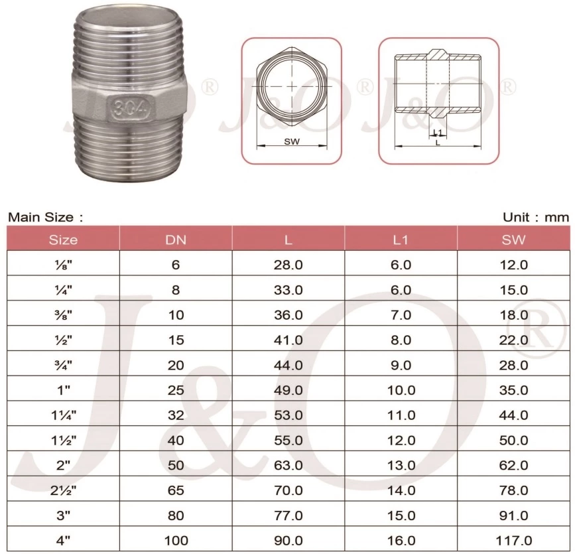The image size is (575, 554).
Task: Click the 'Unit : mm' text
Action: [536, 217]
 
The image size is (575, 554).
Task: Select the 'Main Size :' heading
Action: [45, 217]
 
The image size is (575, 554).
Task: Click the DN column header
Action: [176, 240]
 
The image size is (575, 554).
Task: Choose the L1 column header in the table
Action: [401, 240]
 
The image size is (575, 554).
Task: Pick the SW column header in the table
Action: [514, 240]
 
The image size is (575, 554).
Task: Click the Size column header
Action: [63, 240]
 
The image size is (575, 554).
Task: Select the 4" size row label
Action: [64, 541]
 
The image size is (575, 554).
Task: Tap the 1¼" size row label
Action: [64, 415]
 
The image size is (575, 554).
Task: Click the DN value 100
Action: [176, 541]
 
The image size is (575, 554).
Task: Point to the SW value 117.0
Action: [514, 541]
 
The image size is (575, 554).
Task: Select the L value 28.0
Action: [288, 265]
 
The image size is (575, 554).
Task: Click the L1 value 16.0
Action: [401, 541]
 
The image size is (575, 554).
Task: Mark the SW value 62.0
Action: [514, 466]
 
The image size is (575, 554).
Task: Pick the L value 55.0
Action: [288, 441]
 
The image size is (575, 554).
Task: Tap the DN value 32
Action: [176, 415]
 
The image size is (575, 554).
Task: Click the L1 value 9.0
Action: [401, 365]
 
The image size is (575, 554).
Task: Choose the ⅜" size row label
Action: [64, 315]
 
